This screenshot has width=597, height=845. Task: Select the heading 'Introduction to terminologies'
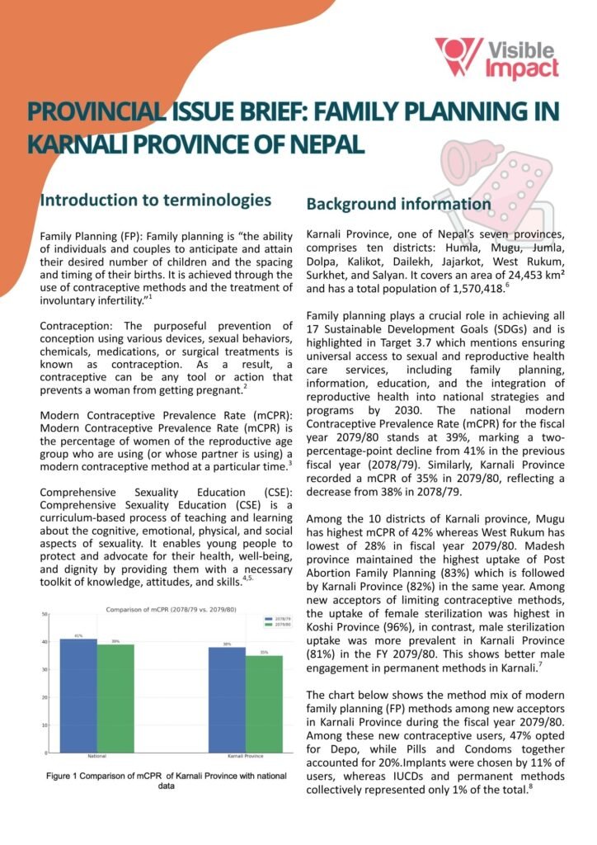[x=156, y=200]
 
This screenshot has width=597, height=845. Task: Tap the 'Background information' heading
[x=398, y=204]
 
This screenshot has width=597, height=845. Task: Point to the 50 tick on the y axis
[x=45, y=614]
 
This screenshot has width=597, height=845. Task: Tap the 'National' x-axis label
[x=96, y=757]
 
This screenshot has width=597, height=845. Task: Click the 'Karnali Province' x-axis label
[x=245, y=757]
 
